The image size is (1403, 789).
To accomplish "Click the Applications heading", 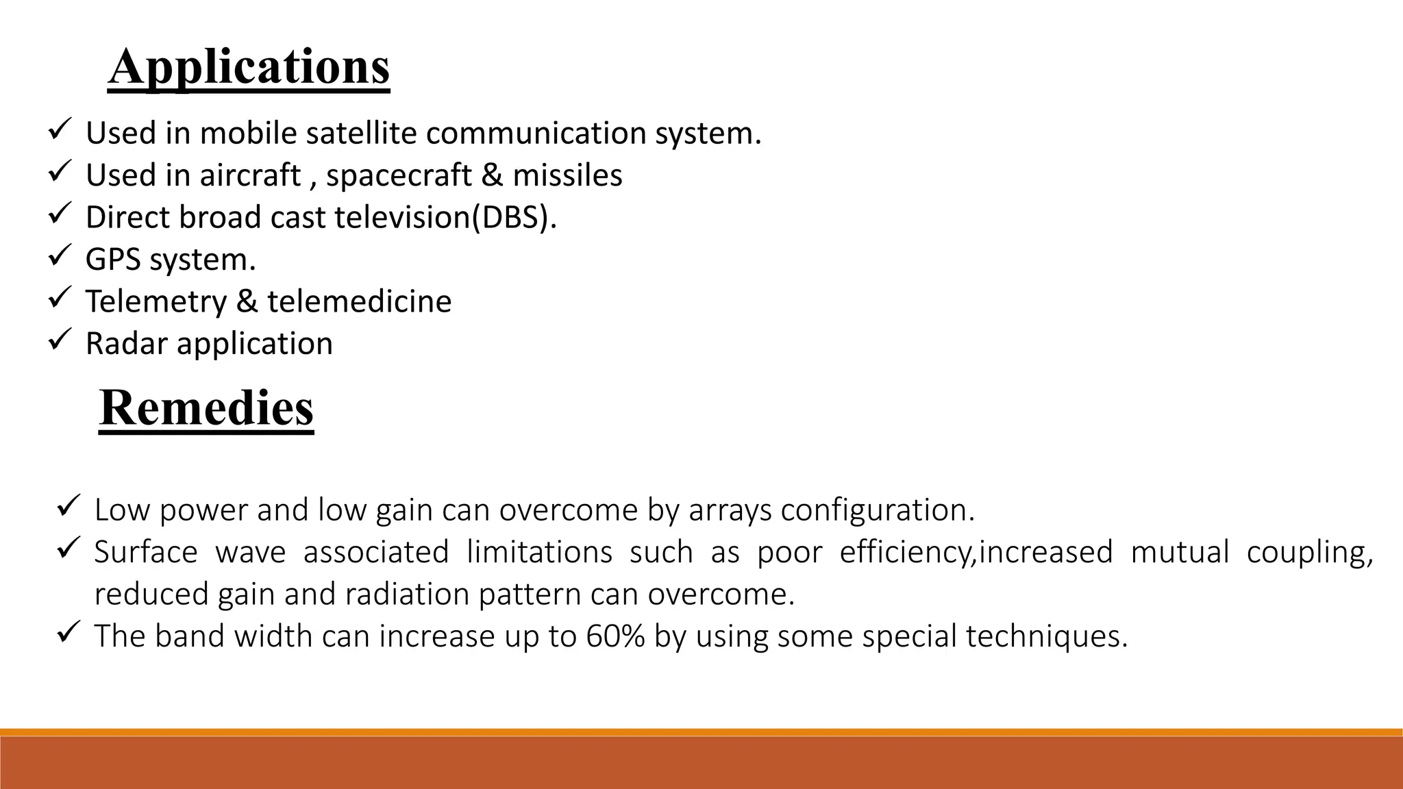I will [x=249, y=67].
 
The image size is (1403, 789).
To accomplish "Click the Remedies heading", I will [x=206, y=408].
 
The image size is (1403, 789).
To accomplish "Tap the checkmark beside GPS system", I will [x=60, y=257].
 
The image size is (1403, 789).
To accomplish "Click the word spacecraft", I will [x=399, y=175].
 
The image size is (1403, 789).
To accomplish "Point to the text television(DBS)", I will [x=445, y=218].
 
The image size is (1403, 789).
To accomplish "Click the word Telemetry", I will [x=156, y=302].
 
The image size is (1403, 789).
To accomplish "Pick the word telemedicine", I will [x=359, y=302].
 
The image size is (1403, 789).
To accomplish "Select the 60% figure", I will [x=615, y=636].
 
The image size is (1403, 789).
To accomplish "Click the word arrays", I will [x=730, y=510].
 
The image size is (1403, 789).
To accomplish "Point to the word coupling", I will [x=1309, y=553].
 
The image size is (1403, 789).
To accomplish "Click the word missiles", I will [x=567, y=175].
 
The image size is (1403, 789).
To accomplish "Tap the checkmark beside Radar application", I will [x=60, y=340].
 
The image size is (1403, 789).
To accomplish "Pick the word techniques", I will [x=1046, y=636].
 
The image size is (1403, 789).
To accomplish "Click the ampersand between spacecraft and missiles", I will [x=492, y=175].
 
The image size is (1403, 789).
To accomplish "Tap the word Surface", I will [x=145, y=553].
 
